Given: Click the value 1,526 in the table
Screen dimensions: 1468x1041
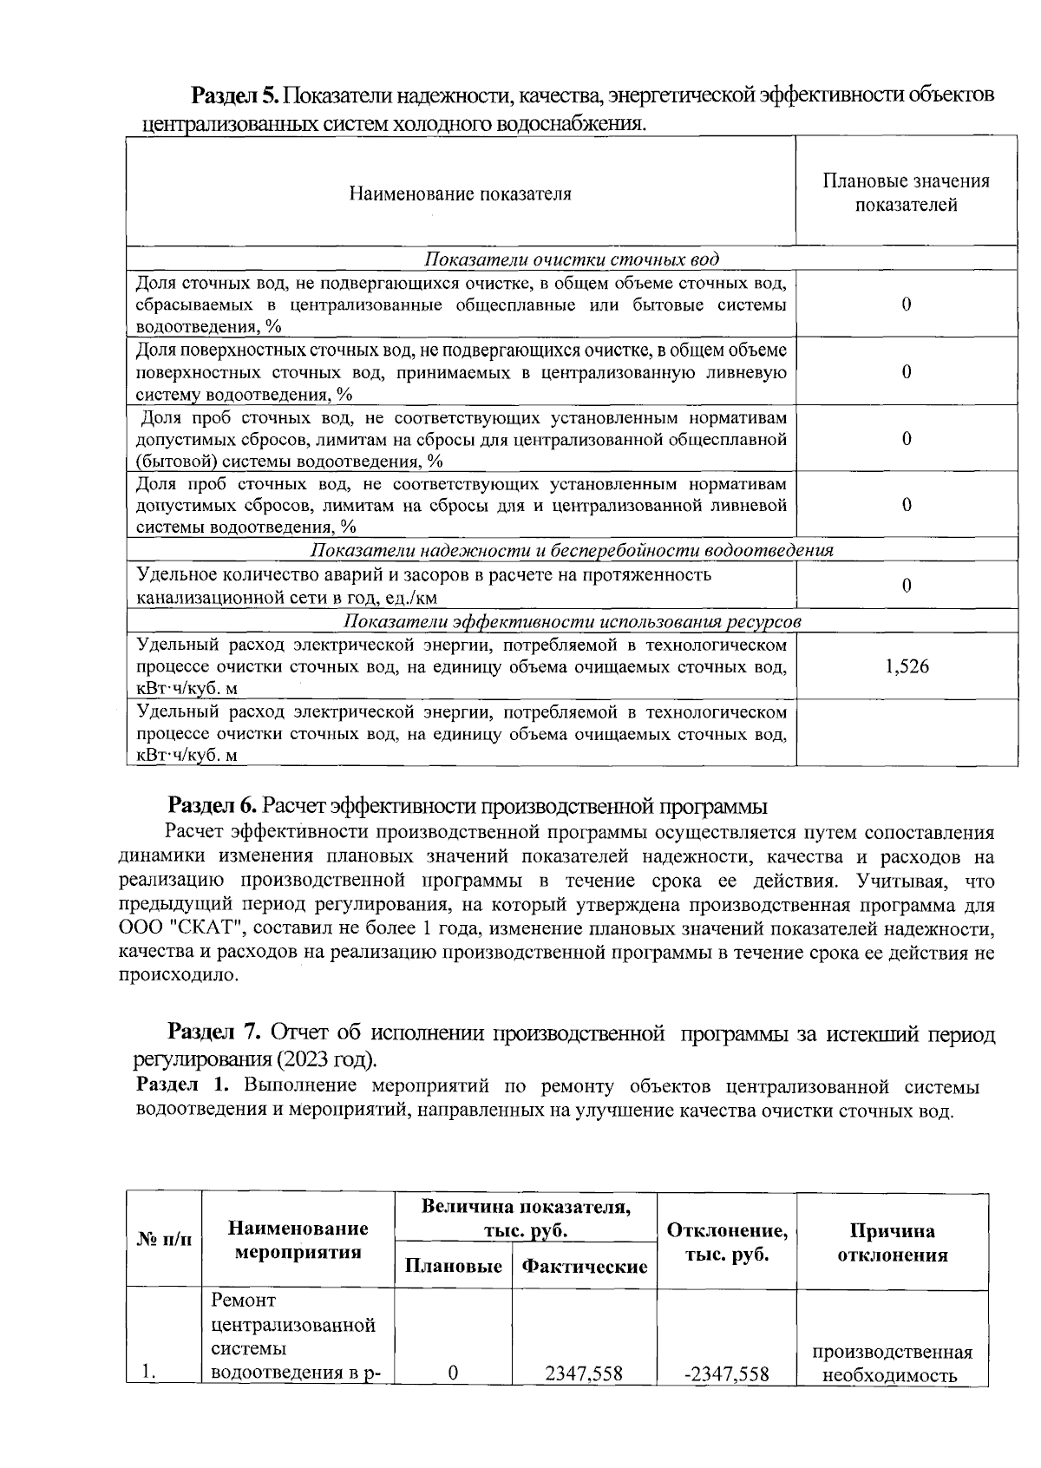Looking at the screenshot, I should click(x=907, y=666).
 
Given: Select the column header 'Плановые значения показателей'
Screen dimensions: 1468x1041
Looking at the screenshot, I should click(x=906, y=193).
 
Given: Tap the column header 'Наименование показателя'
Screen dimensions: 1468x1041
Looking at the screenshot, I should click(x=460, y=193).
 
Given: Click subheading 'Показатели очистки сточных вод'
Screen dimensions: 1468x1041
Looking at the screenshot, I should click(x=572, y=259).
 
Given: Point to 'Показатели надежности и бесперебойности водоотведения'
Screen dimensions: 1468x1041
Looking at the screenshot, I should click(x=572, y=551).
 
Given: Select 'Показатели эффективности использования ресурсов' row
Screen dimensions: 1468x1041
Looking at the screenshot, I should click(x=572, y=622).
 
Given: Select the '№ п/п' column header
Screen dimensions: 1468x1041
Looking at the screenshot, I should click(x=163, y=1241).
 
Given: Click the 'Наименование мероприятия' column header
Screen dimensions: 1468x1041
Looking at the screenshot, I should click(x=298, y=1241).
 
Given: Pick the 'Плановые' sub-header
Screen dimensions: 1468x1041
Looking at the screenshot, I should click(x=454, y=1266).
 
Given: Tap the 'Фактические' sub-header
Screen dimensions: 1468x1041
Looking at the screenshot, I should click(x=584, y=1266).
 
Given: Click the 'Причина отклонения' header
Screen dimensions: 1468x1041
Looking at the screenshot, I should click(x=892, y=1242).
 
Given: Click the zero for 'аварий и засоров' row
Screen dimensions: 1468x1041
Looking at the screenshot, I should click(x=907, y=586).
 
